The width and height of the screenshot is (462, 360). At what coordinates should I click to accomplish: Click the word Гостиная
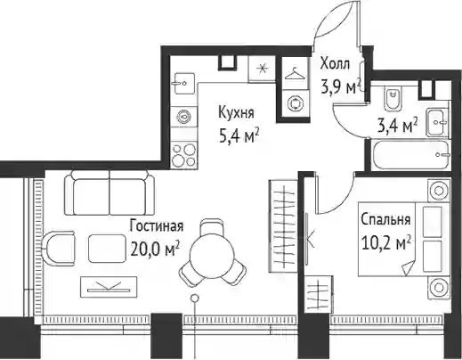pyautogui.click(x=157, y=225)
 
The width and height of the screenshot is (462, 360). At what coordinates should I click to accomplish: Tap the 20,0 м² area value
pyautogui.click(x=155, y=250)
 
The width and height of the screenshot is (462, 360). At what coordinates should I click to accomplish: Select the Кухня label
pyautogui.click(x=236, y=113)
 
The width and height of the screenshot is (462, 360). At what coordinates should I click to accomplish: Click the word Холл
pyautogui.click(x=335, y=64)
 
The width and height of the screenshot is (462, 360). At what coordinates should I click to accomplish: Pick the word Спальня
pyautogui.click(x=385, y=220)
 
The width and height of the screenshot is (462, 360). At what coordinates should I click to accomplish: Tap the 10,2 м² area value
pyautogui.click(x=386, y=243)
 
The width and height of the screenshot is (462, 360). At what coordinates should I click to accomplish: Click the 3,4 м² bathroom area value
pyautogui.click(x=397, y=126)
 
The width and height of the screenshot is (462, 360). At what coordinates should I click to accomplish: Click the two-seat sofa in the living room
pyautogui.click(x=109, y=192)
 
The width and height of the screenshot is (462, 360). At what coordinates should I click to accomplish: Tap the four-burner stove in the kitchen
pyautogui.click(x=184, y=155)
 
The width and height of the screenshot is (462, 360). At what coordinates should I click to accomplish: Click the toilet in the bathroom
pyautogui.click(x=393, y=98)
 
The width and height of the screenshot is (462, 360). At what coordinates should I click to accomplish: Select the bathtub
pyautogui.click(x=411, y=155)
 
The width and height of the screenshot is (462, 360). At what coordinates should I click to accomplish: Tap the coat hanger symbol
pyautogui.click(x=295, y=74)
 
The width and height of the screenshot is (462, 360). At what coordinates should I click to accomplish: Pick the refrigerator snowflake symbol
pyautogui.click(x=262, y=70)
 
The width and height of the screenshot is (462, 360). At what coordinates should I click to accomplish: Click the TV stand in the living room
pyautogui.click(x=109, y=287)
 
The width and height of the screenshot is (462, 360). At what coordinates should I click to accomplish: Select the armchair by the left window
pyautogui.click(x=59, y=249)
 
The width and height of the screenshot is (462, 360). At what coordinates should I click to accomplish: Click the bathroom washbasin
pyautogui.click(x=435, y=122)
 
